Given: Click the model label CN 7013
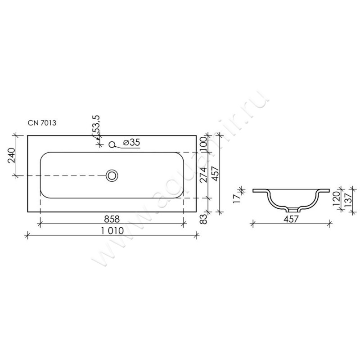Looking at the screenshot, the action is coord(42,123).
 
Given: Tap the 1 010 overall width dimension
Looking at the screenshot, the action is coord(112,230).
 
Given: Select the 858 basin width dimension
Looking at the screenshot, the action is coord(112,219).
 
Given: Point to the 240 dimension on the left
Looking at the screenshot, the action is coord(12,155).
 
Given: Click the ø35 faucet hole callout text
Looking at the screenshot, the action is coord(131,142).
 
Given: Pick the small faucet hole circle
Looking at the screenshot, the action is coord(112,144).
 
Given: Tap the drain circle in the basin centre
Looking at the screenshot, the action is coord(112,175).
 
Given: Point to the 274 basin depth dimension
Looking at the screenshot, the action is coord(203,175).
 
